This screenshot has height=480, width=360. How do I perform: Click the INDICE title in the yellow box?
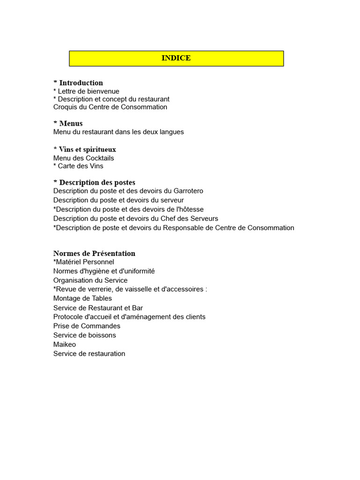click(176, 58)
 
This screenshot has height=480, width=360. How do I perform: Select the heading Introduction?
click(81, 83)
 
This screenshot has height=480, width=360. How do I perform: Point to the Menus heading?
click(71, 123)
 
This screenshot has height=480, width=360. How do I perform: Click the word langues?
click(171, 132)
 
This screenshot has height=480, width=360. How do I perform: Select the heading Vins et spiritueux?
click(87, 150)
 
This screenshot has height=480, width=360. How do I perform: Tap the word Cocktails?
click(99, 158)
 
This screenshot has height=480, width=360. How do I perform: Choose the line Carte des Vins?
click(80, 166)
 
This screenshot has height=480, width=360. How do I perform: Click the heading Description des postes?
click(97, 182)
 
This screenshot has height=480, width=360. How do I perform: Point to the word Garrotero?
click(188, 191)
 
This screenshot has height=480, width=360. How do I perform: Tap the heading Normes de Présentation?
click(94, 254)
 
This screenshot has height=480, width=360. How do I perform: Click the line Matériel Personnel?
click(84, 262)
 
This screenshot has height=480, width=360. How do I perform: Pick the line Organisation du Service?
click(90, 280)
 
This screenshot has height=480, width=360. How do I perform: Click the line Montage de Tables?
click(82, 298)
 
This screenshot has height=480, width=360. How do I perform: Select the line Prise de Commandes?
click(87, 326)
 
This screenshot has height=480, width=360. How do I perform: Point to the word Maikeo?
click(65, 345)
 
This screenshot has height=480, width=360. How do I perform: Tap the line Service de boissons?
click(84, 335)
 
